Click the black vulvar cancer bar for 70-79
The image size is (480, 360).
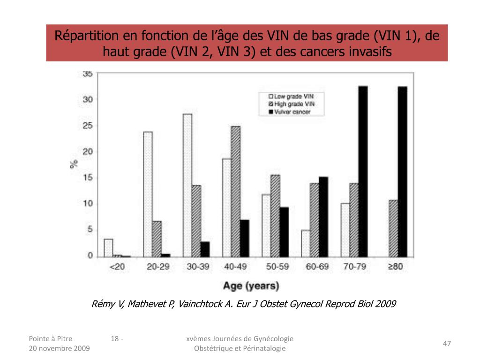tap(363, 171)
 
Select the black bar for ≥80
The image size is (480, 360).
tap(402, 171)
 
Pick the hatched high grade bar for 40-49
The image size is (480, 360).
tap(235, 191)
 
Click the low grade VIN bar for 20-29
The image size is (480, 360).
tap(148, 194)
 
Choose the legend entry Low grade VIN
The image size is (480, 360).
tap(286, 96)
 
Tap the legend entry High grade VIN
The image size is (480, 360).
tap(287, 104)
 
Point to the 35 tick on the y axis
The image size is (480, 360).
tap(88, 74)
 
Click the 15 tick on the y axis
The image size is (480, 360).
tap(88, 178)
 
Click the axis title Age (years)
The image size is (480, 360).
tap(250, 285)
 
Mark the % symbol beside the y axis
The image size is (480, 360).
tap(74, 164)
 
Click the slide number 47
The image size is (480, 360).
tap(447, 344)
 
